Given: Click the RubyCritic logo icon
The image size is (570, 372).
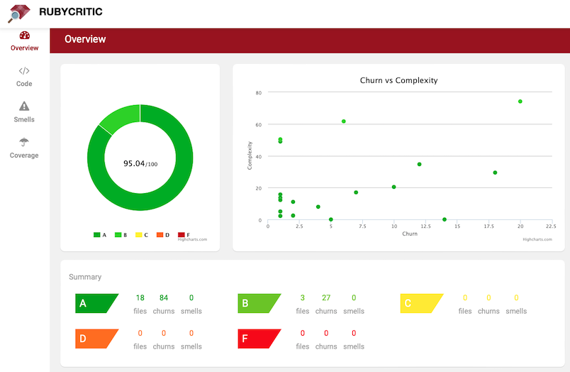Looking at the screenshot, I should [x=19, y=13].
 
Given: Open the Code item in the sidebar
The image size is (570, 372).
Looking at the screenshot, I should [x=24, y=77].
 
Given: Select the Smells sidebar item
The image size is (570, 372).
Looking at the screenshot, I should [x=24, y=112].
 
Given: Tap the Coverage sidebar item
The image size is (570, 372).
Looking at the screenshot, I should [x=24, y=148].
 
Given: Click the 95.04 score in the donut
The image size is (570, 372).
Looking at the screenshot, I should [x=135, y=163].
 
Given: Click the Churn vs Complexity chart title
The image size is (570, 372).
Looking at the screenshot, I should [x=398, y=80].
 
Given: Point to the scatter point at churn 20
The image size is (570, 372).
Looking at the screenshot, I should [x=520, y=102].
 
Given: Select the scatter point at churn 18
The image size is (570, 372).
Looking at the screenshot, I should [x=495, y=173].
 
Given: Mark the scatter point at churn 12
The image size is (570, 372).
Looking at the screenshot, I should [x=420, y=165].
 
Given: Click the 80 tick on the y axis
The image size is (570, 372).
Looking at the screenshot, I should [x=259, y=93].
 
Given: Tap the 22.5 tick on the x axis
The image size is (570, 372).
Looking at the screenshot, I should [x=550, y=226].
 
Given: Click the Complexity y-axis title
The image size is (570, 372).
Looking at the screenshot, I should [x=250, y=156].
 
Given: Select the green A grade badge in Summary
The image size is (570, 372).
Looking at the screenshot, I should [x=93, y=304].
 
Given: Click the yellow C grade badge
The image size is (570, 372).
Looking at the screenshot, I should [x=419, y=304].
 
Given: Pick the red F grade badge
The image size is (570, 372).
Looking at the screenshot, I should [x=256, y=339].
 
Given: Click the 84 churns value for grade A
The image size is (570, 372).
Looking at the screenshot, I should [x=163, y=298].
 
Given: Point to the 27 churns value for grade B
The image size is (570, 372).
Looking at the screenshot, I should [x=326, y=298].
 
